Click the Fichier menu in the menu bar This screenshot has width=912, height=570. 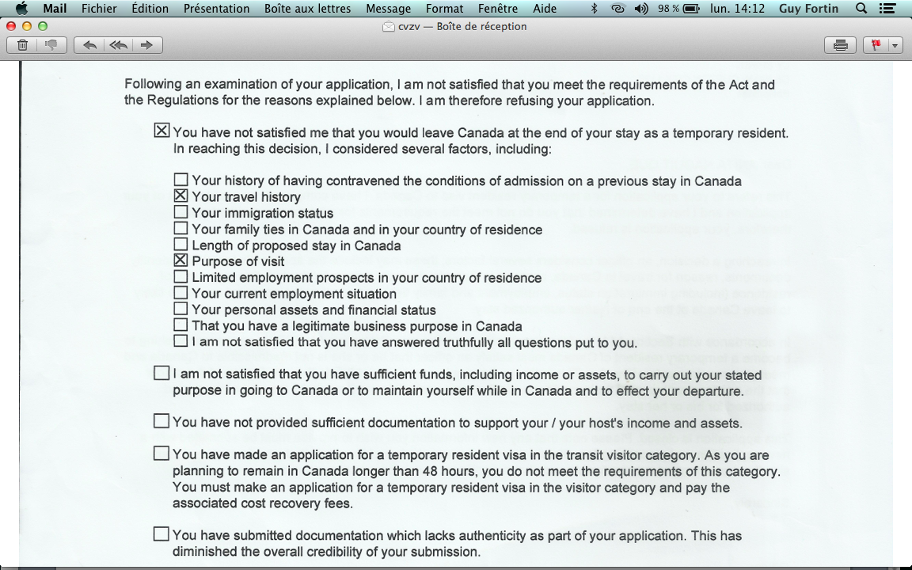pyautogui.click(x=99, y=9)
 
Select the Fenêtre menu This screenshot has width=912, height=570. pyautogui.click(x=498, y=9)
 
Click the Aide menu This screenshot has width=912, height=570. pyautogui.click(x=544, y=9)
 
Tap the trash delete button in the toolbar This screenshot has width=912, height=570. pyautogui.click(x=22, y=45)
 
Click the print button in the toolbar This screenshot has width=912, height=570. pyautogui.click(x=840, y=45)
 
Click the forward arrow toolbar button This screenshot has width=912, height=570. pyautogui.click(x=146, y=45)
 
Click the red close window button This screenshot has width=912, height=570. pyautogui.click(x=11, y=26)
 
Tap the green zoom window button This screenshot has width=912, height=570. pyautogui.click(x=43, y=26)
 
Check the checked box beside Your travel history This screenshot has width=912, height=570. pyautogui.click(x=180, y=196)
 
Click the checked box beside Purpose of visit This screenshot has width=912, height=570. pyautogui.click(x=180, y=260)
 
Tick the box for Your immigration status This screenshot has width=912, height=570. pyautogui.click(x=180, y=212)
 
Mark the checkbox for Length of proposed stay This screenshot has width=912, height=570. pyautogui.click(x=180, y=245)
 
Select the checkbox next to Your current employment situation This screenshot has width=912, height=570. pyautogui.click(x=180, y=293)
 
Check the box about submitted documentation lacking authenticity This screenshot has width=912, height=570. pyautogui.click(x=161, y=534)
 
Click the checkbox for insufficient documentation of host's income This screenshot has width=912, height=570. pyautogui.click(x=161, y=421)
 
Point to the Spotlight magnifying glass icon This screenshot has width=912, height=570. pyautogui.click(x=861, y=9)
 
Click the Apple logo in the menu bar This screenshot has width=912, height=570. pyautogui.click(x=21, y=9)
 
